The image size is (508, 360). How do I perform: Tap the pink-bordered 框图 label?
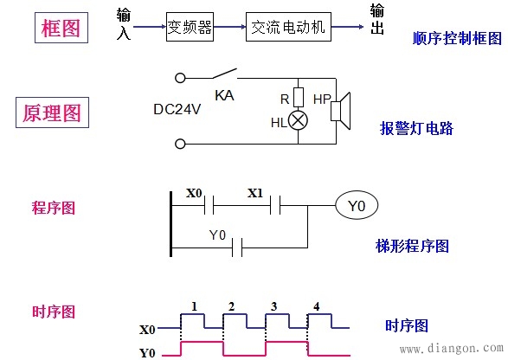(61, 28)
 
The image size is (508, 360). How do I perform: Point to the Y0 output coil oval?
(357, 206)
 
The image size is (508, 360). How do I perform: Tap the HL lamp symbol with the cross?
(298, 121)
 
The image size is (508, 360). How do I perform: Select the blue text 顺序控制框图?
(457, 39)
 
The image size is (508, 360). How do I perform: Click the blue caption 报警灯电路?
(416, 129)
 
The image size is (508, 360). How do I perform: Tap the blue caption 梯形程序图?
(413, 246)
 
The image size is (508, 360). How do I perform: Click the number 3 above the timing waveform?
(273, 306)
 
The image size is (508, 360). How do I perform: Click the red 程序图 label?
(53, 208)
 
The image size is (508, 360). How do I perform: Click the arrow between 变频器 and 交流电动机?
(230, 27)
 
